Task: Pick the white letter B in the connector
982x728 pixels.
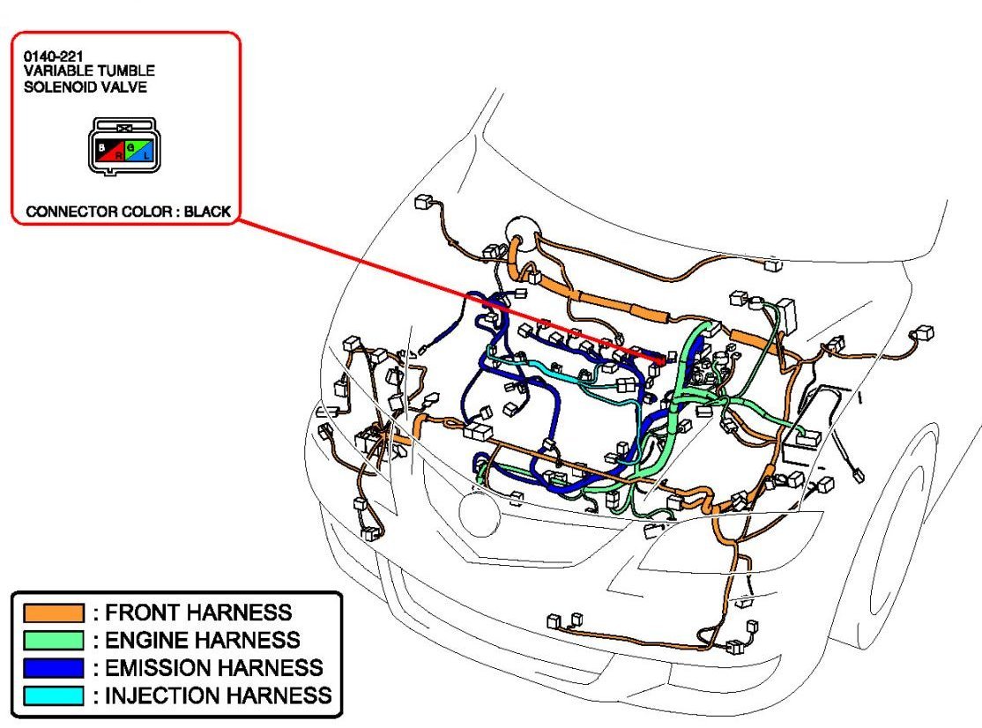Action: coord(102,146)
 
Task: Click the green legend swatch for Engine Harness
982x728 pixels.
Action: coord(53,640)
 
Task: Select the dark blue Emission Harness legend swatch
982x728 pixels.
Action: coord(53,667)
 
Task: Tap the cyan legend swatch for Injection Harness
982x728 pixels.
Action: coord(53,695)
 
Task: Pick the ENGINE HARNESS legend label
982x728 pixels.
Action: coord(203,640)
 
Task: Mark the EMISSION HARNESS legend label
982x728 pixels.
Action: coord(214,667)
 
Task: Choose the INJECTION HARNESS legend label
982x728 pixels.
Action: coord(219,695)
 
